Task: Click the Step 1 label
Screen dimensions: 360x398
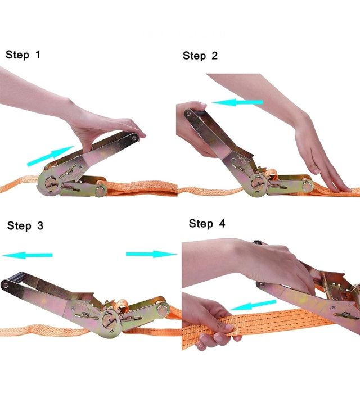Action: [23, 55]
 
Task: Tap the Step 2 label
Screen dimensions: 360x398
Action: [200, 56]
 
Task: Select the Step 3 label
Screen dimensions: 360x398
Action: [25, 225]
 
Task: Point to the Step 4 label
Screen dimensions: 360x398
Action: [207, 224]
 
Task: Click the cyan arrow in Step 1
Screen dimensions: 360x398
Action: [51, 156]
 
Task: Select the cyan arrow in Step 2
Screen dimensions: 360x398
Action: [237, 102]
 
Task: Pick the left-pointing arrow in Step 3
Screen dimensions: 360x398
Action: [27, 255]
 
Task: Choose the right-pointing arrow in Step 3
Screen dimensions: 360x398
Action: [151, 254]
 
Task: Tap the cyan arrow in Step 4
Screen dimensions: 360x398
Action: [253, 305]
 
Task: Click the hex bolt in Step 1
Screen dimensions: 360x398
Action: [101, 190]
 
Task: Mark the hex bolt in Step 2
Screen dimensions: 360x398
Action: [308, 186]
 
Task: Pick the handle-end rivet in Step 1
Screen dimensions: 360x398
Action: [134, 138]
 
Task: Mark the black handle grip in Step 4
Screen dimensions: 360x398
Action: [259, 243]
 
